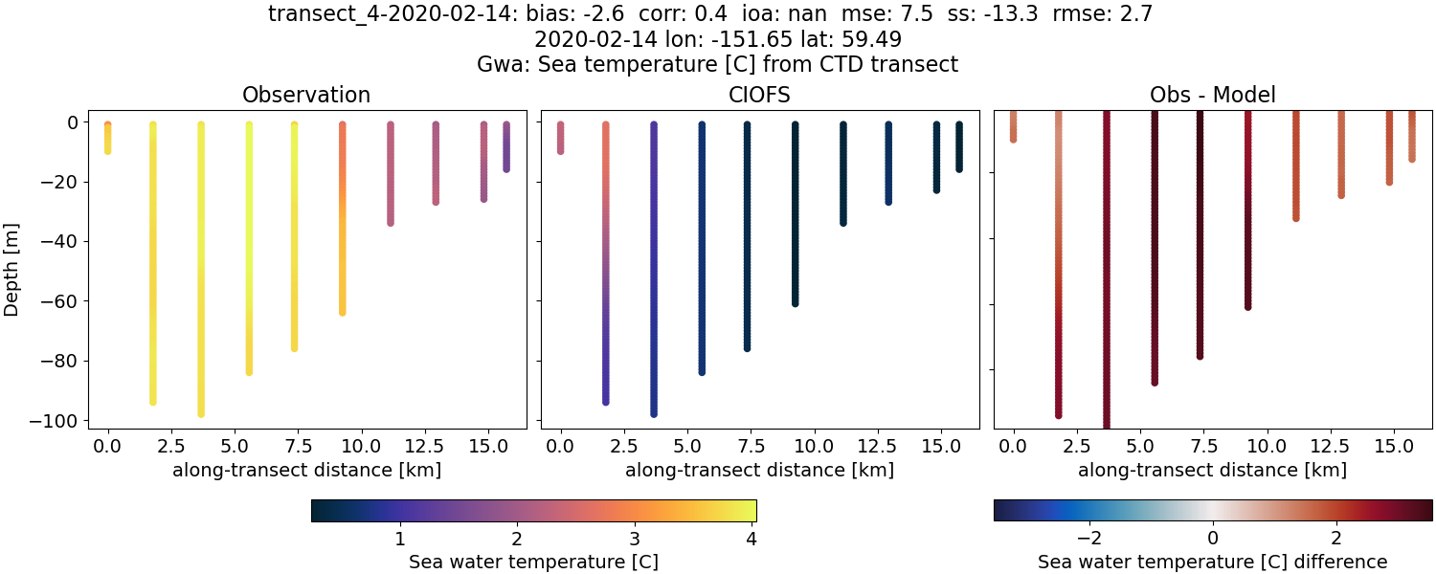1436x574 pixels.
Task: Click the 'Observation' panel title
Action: [306, 95]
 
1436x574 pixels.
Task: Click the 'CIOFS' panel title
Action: [760, 95]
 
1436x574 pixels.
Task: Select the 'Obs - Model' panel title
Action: [1213, 95]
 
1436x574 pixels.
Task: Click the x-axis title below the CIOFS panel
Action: [760, 470]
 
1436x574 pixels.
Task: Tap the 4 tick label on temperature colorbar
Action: [752, 539]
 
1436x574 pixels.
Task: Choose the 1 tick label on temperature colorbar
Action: [400, 539]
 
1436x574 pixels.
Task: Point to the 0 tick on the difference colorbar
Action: [1213, 539]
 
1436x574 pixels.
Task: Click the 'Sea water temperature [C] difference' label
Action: [1213, 562]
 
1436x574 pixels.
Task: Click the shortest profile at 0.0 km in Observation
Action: [108, 139]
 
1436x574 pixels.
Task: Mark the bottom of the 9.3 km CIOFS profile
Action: [795, 302]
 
